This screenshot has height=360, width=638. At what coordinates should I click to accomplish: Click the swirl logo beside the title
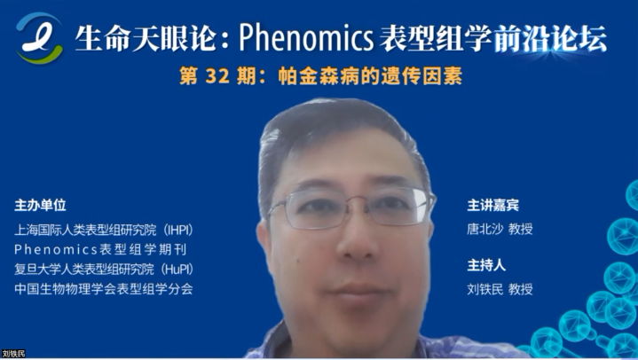click(39, 38)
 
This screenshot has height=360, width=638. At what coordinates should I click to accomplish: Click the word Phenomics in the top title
click(306, 38)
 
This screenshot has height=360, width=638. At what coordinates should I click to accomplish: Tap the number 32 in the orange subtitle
click(217, 76)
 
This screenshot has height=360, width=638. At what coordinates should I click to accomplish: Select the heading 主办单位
click(40, 205)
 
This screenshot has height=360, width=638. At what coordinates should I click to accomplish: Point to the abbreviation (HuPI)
click(177, 270)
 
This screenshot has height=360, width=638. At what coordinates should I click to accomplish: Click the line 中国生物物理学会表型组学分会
click(103, 289)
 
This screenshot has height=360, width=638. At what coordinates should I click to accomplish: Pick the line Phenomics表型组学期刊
click(100, 249)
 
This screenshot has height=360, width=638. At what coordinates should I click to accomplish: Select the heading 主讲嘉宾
click(492, 205)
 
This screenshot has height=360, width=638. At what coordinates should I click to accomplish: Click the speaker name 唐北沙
click(485, 229)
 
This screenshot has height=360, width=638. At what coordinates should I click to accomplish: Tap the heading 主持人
click(486, 265)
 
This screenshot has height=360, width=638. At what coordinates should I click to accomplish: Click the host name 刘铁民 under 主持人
click(485, 289)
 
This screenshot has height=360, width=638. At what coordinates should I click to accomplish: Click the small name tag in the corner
click(13, 354)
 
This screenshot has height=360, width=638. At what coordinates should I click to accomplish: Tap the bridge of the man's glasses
click(358, 201)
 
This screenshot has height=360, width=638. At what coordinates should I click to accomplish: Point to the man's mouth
click(353, 290)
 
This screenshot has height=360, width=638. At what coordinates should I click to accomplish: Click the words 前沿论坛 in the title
click(550, 39)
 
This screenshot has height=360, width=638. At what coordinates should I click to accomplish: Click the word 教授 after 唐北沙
click(520, 229)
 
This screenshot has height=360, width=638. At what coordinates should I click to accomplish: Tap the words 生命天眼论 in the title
click(146, 39)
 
